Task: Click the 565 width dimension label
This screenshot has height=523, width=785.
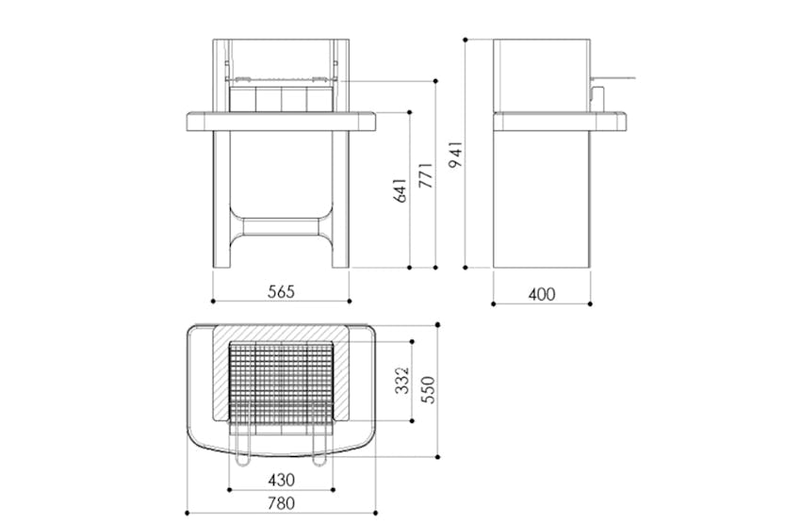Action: tap(281, 292)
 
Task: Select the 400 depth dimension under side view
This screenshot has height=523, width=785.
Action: tap(541, 294)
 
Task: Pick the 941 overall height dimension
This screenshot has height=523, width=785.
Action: tap(456, 155)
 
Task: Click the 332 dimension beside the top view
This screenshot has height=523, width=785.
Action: tap(401, 380)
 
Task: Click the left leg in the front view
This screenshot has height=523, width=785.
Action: tap(221, 198)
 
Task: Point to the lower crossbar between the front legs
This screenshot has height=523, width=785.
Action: tap(281, 226)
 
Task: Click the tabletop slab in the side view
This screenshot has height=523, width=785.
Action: tap(560, 121)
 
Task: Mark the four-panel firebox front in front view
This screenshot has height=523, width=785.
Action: tap(281, 97)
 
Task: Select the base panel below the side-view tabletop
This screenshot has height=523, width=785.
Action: tap(541, 198)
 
